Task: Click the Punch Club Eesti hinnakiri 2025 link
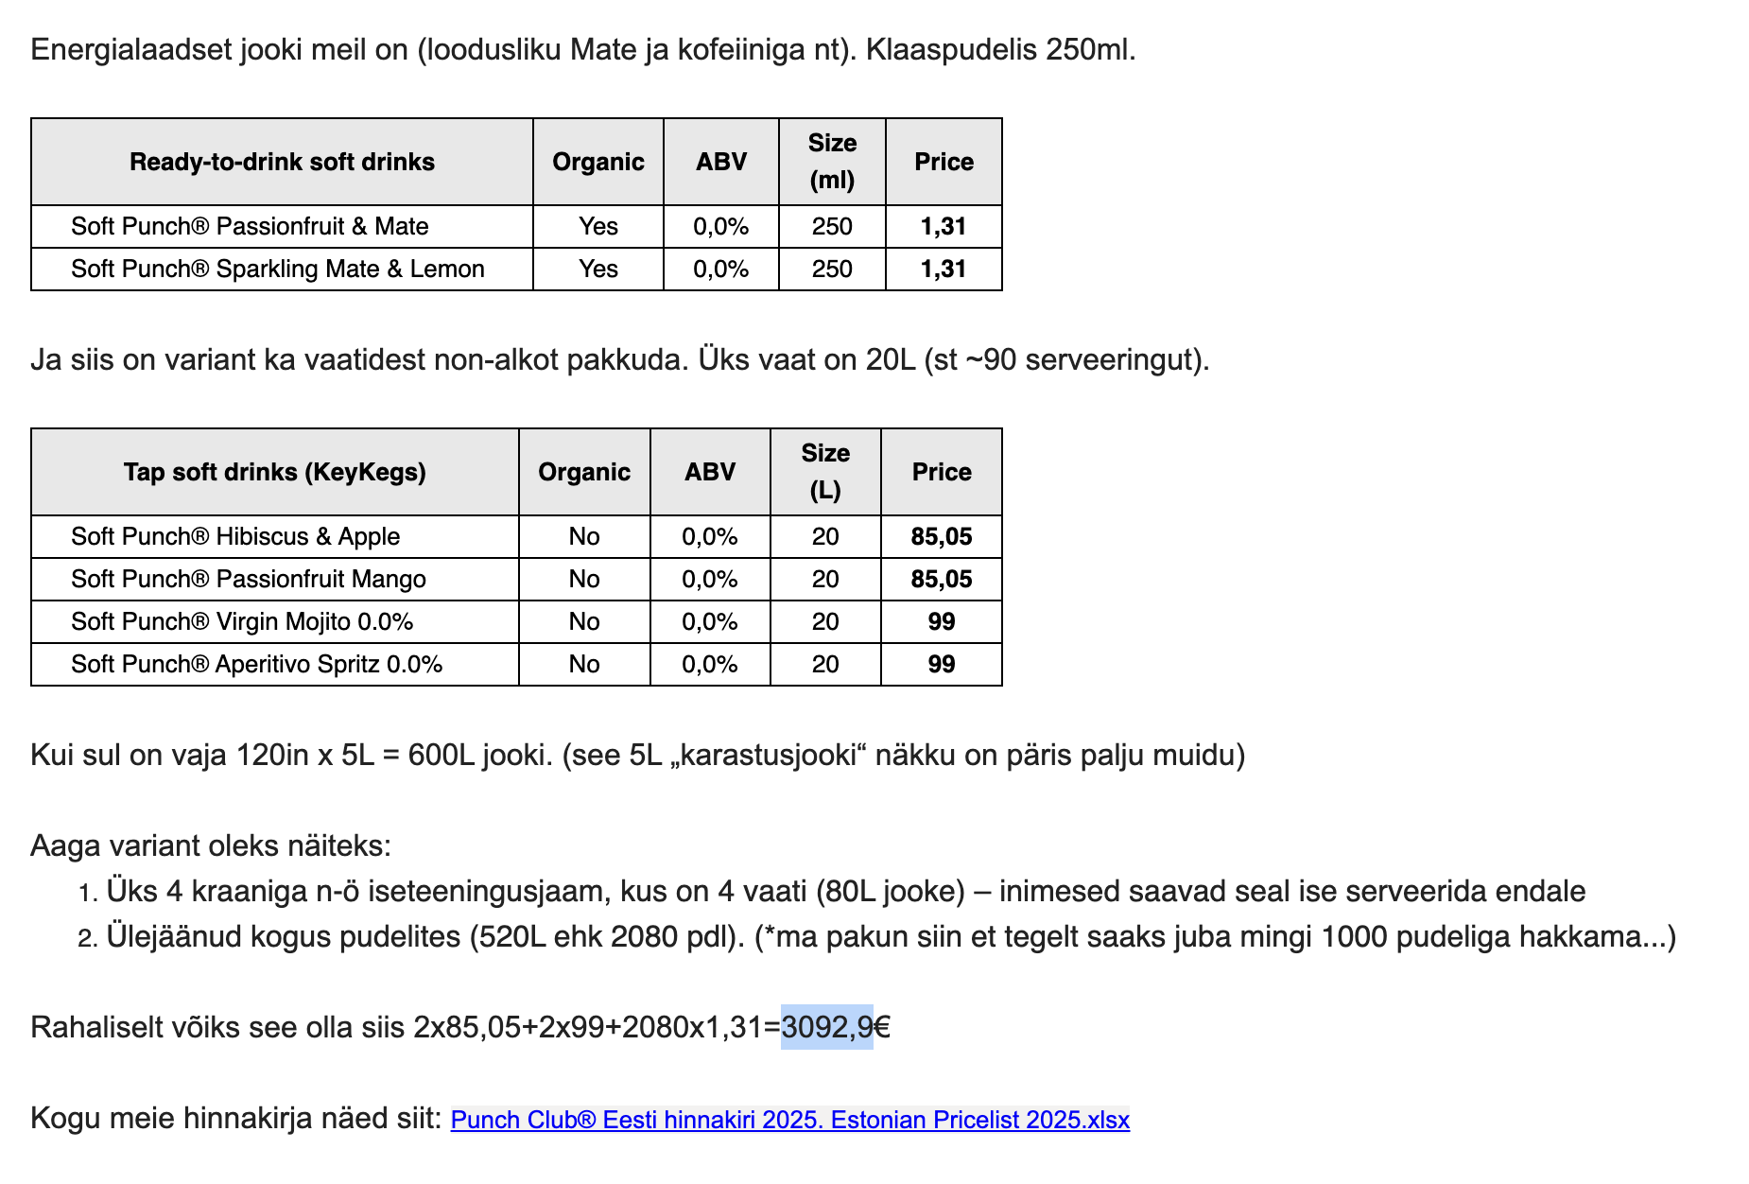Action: tap(789, 1120)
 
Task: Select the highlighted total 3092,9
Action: tap(826, 1027)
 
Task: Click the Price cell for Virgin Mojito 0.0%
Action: tap(941, 621)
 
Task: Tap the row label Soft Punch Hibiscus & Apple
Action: tap(235, 536)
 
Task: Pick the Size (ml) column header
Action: tap(832, 162)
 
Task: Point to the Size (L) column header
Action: tap(825, 472)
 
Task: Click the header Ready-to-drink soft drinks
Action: tap(282, 162)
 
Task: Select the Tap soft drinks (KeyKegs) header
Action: tap(274, 472)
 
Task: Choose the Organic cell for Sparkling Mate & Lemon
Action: tap(598, 269)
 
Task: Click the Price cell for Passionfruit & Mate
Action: tap(944, 226)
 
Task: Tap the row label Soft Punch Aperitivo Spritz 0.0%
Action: tap(256, 664)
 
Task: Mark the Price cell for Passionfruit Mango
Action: tap(941, 579)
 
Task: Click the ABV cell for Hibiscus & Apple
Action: tap(710, 536)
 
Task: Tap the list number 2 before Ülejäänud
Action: tap(87, 938)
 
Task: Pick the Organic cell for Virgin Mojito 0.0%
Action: tap(584, 621)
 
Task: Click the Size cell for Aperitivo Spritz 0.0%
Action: tap(825, 664)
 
